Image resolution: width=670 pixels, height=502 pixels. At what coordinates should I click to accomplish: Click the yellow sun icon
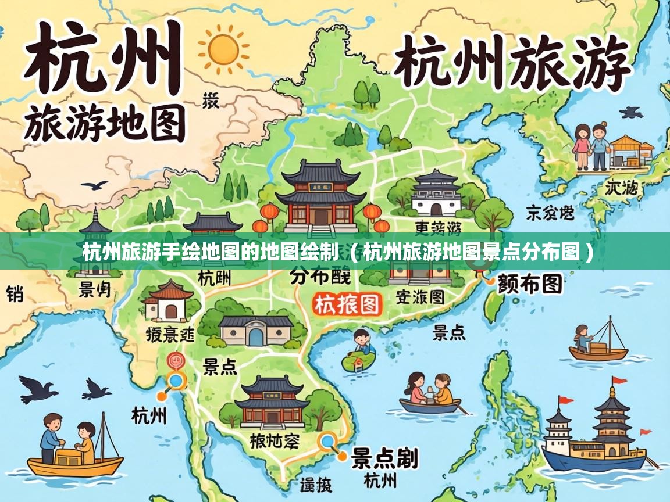coord(223,48)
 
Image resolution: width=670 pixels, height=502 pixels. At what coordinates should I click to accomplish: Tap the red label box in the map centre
coord(347,304)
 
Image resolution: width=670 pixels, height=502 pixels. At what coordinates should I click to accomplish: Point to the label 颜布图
coord(529,284)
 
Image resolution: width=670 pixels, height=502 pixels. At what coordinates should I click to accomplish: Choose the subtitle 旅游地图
coord(105,123)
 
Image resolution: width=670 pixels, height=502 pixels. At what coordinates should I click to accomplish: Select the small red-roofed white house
coord(168,300)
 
